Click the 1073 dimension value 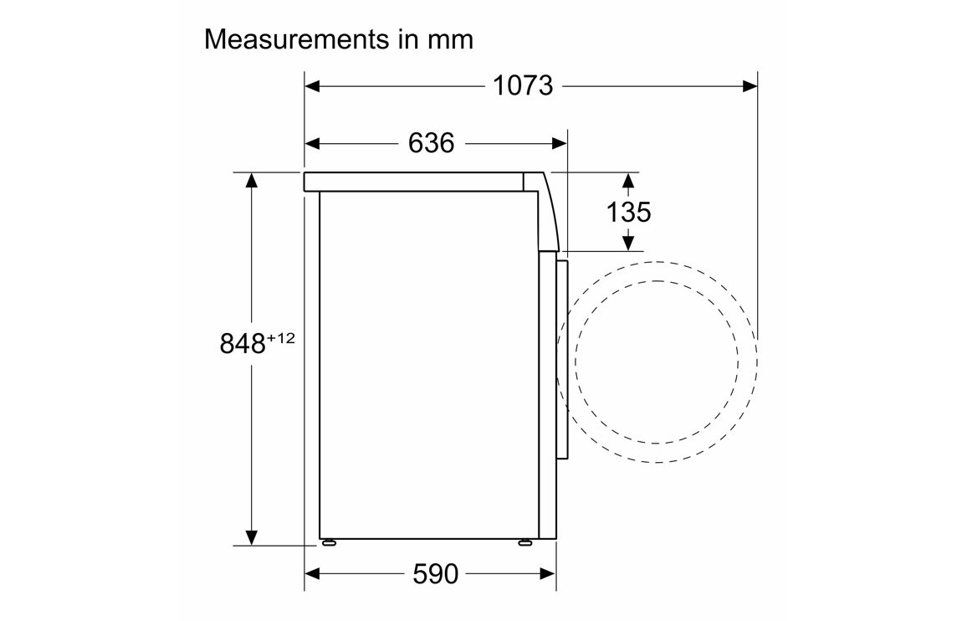tap(522, 86)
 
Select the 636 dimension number tap(431, 143)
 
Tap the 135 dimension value tap(628, 213)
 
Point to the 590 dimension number tap(435, 575)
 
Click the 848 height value tap(243, 344)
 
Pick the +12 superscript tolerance tap(281, 338)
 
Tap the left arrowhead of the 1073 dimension tap(312, 86)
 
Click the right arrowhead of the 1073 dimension tap(750, 86)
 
